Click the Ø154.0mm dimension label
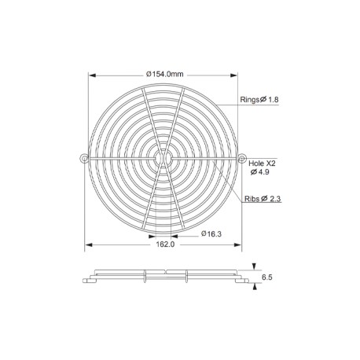click(x=165, y=74)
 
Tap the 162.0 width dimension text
click(x=165, y=244)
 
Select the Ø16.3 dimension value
click(x=211, y=233)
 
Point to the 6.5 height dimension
click(x=267, y=277)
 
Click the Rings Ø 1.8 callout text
click(x=259, y=100)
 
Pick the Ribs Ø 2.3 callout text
click(x=263, y=199)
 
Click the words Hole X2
click(x=262, y=163)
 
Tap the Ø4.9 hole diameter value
click(x=259, y=172)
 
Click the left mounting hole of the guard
click(x=84, y=158)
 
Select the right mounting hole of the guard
click(x=242, y=158)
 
